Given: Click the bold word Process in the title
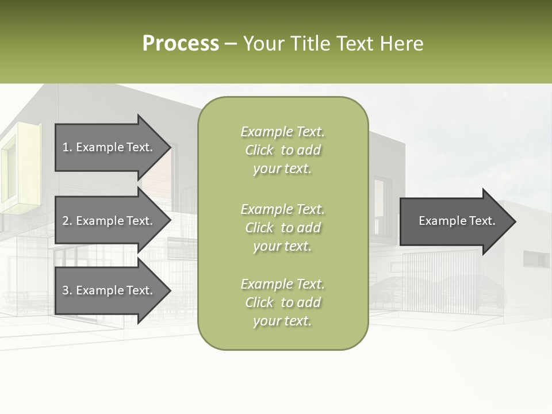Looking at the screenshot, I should (x=181, y=44).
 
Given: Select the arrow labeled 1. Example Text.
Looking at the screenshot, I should (x=107, y=147).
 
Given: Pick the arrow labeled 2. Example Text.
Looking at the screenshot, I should (x=107, y=221).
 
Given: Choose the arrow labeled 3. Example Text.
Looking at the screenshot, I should (x=107, y=290).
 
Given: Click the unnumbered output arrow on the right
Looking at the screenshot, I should (x=454, y=221).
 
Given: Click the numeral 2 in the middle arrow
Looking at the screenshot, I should (x=66, y=221).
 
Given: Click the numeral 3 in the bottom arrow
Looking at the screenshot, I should (x=66, y=290).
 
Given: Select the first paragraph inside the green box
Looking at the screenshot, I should (x=282, y=150).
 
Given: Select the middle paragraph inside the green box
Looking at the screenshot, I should (x=282, y=228).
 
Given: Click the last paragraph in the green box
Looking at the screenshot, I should (x=282, y=302).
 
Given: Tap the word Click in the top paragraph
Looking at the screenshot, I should (x=259, y=150).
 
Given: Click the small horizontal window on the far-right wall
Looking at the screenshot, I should (x=536, y=259).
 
